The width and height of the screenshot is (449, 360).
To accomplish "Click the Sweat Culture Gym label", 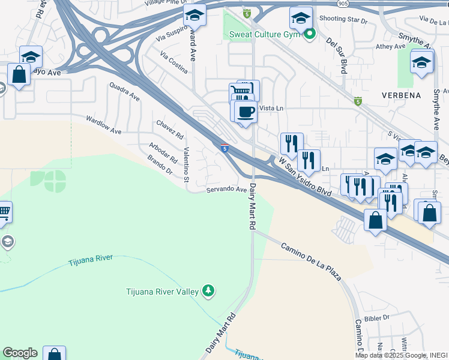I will click(265, 34).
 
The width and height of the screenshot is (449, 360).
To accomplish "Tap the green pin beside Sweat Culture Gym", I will click(310, 34).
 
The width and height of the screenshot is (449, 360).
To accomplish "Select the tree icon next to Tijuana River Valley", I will click(208, 291).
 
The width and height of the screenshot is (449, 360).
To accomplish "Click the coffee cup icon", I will click(244, 112).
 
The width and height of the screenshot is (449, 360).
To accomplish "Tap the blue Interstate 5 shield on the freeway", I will click(224, 147).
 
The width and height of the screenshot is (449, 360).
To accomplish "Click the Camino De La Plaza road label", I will click(311, 262).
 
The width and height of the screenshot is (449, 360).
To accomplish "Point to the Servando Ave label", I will click(227, 190).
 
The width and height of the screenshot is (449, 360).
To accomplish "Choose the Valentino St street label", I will click(186, 165).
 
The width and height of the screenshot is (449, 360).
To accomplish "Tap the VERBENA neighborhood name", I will click(402, 95).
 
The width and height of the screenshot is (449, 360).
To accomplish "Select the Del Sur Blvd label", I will click(337, 56).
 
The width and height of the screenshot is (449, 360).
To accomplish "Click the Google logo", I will click(20, 353).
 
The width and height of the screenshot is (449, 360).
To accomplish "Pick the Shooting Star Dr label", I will click(343, 20).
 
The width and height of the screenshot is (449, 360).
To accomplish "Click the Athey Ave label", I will click(391, 46).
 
